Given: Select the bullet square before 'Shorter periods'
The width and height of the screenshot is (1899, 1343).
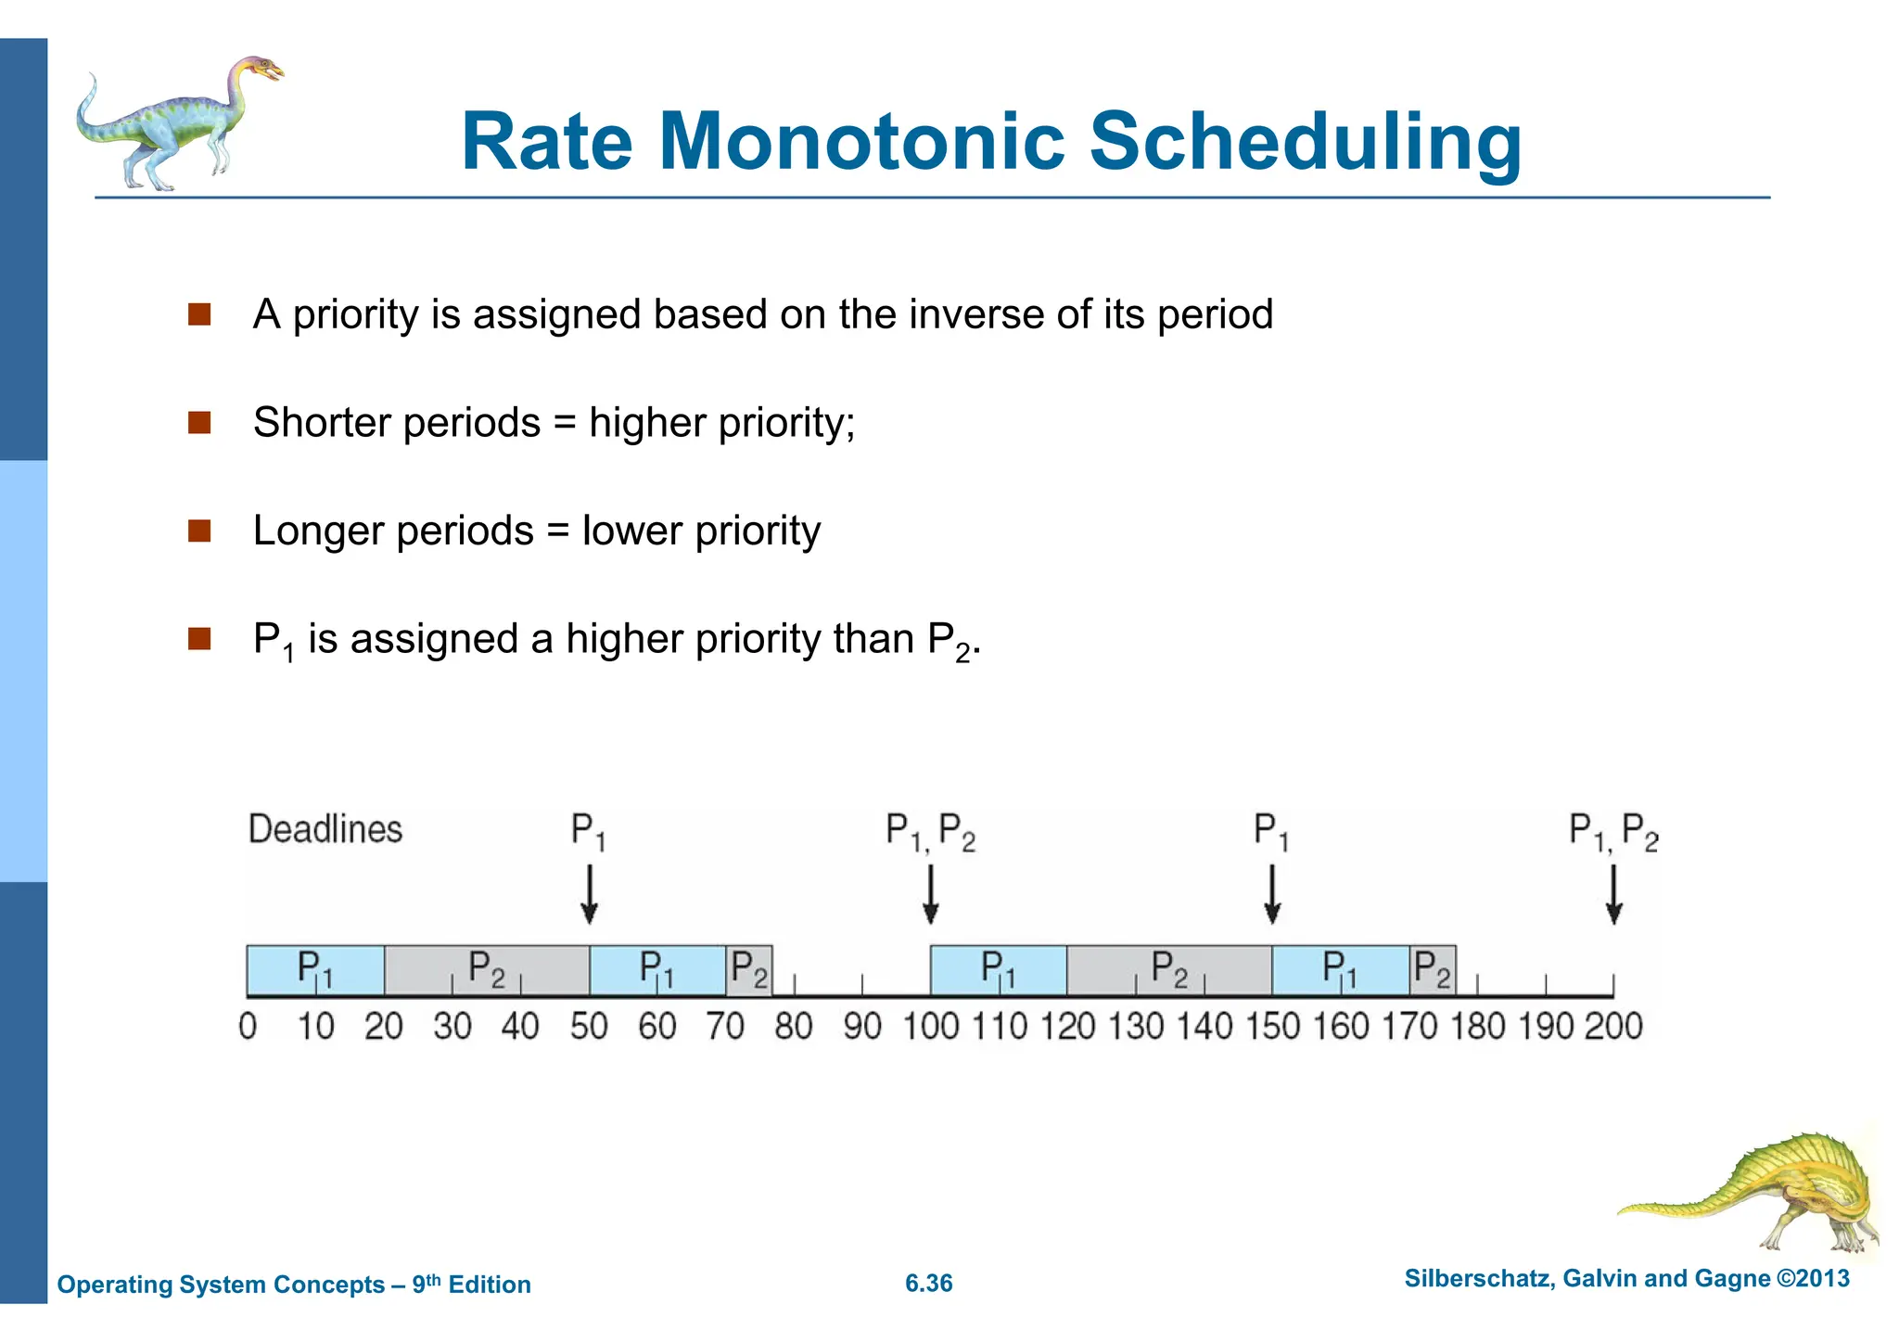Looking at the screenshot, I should point(199,423).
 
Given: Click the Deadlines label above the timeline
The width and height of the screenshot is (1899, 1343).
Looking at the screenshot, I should point(325,829).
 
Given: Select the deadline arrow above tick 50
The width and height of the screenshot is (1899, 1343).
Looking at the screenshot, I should point(589,894).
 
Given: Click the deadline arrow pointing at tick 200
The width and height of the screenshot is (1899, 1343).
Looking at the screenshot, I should point(1613,894).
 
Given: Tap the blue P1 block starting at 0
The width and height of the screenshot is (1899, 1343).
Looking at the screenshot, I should point(315,970).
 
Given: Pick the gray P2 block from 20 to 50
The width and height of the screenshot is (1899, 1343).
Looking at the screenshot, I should point(487,970).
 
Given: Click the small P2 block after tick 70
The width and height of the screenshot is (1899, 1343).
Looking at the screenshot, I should point(749,970).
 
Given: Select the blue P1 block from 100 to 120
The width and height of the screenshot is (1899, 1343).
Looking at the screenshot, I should point(999,970).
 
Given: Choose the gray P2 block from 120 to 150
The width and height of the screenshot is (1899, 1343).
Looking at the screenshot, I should point(1169,970).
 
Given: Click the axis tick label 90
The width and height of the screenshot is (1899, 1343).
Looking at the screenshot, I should point(862,1027).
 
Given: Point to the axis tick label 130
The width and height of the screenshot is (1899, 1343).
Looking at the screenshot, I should point(1136,1027).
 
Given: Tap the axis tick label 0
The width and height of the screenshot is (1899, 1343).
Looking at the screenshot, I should point(248,1027).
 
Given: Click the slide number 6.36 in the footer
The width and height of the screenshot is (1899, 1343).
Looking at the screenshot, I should point(928,1284).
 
